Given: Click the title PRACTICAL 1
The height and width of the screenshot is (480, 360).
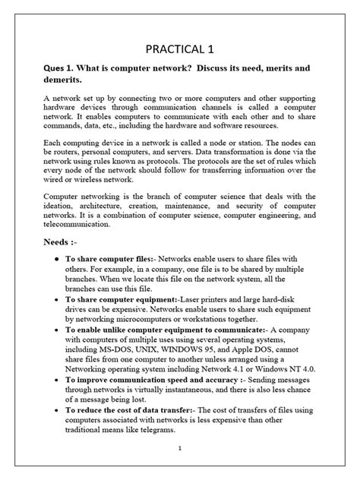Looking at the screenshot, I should click(x=179, y=50).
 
